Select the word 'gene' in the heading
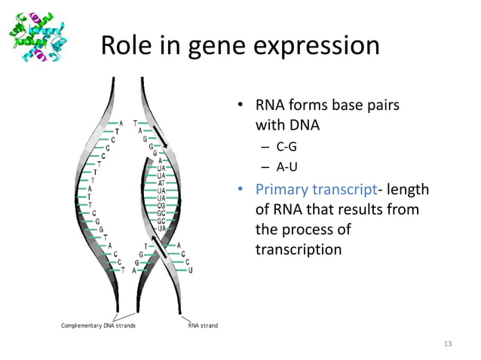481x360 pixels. [x=229, y=46]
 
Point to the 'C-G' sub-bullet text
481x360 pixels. [x=286, y=147]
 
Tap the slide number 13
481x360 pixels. [x=449, y=344]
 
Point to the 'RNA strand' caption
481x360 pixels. [x=202, y=325]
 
